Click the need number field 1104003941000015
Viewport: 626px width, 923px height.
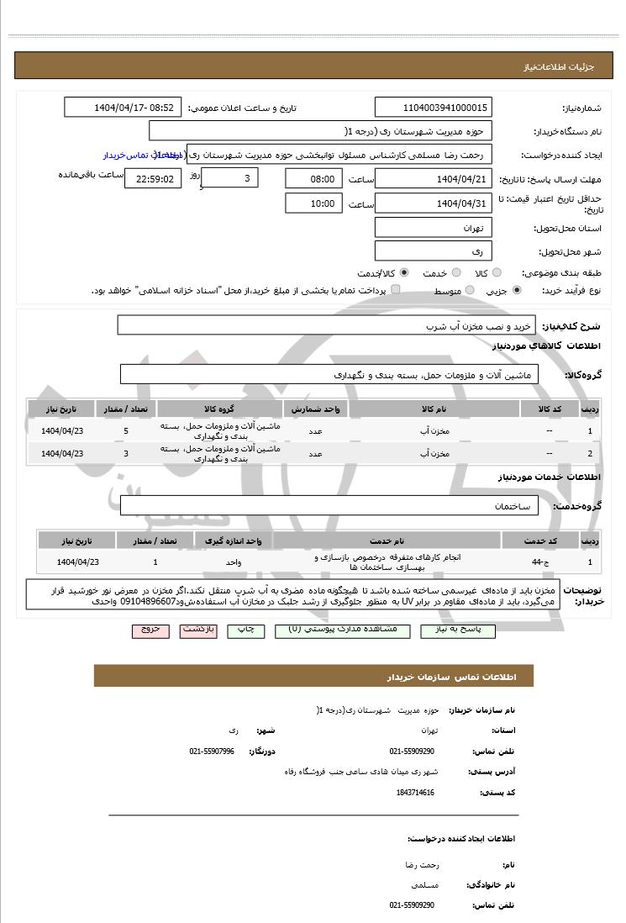point(433,108)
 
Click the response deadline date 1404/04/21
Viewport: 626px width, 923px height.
point(433,178)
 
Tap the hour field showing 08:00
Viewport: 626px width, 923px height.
point(313,178)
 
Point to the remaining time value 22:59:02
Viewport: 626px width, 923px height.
point(152,178)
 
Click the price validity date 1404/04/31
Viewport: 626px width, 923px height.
point(433,203)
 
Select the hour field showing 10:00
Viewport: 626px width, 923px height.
point(313,203)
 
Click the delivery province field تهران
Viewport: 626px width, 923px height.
point(433,228)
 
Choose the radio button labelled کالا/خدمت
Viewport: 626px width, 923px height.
point(405,273)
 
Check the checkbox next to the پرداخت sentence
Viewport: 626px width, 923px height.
point(396,290)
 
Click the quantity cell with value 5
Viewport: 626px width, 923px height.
point(126,431)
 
